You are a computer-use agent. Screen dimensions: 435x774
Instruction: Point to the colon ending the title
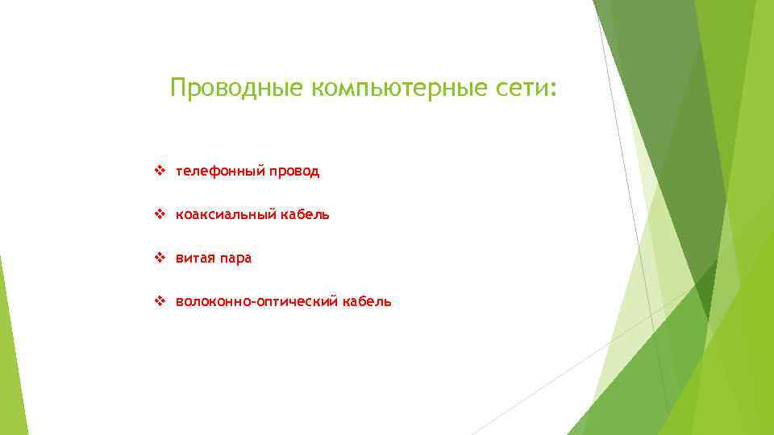point(553,90)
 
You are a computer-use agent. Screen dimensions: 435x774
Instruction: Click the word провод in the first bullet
point(292,172)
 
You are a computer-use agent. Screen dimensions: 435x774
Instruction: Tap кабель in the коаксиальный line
point(305,215)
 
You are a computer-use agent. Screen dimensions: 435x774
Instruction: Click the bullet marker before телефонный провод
point(159,172)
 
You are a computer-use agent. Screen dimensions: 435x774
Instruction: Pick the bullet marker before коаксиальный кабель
point(159,215)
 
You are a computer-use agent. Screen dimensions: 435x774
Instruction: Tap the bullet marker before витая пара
point(159,259)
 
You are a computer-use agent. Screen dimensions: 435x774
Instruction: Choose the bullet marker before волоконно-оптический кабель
point(159,302)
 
